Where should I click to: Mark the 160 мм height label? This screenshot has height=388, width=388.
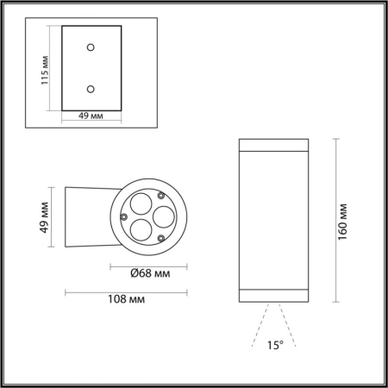pyautogui.click(x=342, y=221)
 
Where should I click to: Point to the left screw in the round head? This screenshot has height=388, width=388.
pyautogui.click(x=124, y=216)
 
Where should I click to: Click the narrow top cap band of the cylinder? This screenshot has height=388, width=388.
pyautogui.click(x=274, y=143)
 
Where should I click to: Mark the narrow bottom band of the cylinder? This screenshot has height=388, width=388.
pyautogui.click(x=274, y=297)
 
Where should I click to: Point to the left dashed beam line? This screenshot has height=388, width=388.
pyautogui.click(x=261, y=329)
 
